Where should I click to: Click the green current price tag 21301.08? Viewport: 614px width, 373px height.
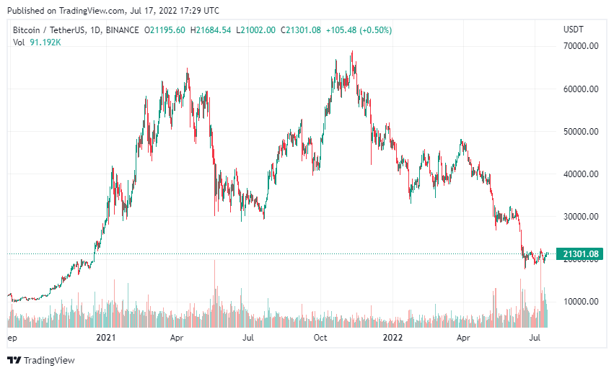pos(580,254)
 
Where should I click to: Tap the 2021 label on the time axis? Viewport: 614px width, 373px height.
pos(106,337)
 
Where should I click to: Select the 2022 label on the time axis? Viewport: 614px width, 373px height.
pos(392,337)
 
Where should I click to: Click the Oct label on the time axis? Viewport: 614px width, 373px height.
pos(320,337)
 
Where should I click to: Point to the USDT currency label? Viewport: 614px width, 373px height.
pos(574,30)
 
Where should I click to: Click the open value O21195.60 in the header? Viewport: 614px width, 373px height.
pos(165,30)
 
